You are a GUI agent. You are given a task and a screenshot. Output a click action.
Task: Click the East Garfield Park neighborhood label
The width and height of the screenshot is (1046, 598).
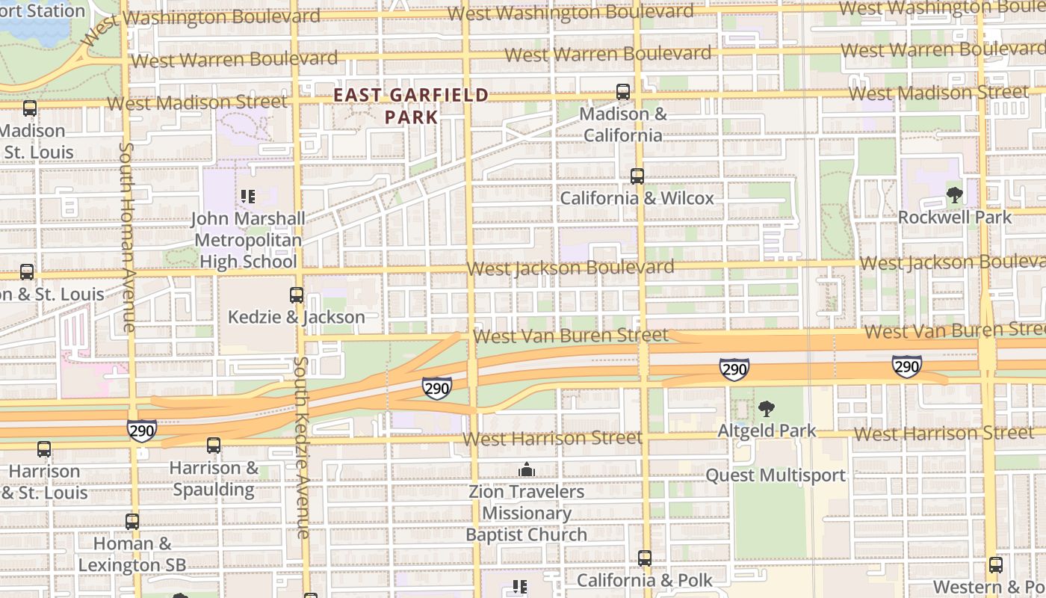pos(410,106)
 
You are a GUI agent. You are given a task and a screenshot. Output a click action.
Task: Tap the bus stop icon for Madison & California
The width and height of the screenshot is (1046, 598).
pos(623,92)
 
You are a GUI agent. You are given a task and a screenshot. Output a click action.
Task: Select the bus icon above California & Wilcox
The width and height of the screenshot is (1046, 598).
pos(637,176)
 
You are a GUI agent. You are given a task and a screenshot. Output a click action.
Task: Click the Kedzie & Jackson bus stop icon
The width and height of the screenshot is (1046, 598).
pos(297,295)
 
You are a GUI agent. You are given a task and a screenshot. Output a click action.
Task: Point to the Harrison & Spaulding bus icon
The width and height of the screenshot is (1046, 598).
pos(214,446)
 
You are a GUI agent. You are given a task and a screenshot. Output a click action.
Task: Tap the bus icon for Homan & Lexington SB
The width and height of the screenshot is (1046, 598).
pos(132,522)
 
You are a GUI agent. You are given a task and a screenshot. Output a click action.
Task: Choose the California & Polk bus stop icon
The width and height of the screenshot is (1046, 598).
pos(645,558)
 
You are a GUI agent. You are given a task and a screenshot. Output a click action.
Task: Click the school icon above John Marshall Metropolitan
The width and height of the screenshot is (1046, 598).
pos(248,197)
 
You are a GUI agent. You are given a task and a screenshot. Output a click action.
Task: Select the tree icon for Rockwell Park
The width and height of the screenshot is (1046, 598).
pos(954,196)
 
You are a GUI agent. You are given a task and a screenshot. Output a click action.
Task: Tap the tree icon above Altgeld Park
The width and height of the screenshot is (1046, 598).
pos(766,409)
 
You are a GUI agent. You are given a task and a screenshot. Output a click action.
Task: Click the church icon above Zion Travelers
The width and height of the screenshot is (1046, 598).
pos(527,469)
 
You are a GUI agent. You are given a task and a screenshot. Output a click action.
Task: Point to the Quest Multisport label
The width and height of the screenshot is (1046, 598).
pos(776,475)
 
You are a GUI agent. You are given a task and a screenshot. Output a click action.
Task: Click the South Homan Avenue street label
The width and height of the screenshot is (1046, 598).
pos(127,238)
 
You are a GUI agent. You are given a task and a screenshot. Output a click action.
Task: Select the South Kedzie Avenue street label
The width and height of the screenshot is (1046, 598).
pos(301,447)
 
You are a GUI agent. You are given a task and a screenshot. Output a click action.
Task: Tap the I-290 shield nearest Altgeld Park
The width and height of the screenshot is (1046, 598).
pos(734,369)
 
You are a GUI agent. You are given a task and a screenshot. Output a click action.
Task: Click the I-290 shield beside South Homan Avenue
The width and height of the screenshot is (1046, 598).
pos(141,430)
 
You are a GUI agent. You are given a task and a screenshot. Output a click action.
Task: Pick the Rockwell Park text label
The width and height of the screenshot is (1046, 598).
pos(954,218)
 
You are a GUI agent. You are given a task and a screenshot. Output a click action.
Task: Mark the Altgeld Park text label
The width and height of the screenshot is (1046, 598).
pos(767,431)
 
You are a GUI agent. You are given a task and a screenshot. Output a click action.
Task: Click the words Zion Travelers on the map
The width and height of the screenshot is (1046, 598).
pos(527,492)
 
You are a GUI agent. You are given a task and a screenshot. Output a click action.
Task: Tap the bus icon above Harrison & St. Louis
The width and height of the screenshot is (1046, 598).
pos(44,449)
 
